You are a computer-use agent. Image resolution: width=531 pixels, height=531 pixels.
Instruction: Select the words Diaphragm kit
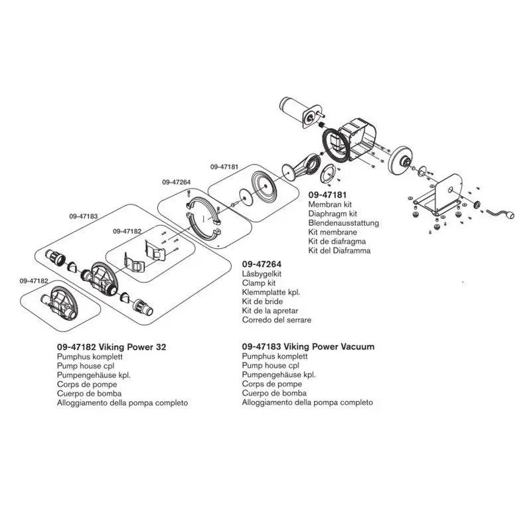tap(333, 214)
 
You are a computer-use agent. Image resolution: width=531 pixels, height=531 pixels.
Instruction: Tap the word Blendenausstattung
tap(344, 224)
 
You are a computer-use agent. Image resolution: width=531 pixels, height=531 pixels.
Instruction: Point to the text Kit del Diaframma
tap(339, 251)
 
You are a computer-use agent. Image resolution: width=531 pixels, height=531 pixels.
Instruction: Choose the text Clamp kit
tap(259, 283)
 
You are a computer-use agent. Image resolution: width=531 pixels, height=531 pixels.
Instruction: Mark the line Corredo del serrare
tap(276, 320)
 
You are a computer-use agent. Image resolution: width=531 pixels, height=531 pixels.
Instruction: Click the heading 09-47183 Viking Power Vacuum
tap(308, 346)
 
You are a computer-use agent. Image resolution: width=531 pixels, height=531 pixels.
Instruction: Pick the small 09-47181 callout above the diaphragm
tap(224, 167)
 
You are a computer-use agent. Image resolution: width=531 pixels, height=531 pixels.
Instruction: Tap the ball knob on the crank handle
tap(511, 215)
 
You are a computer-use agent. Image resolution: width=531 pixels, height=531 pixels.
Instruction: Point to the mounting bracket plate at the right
tap(445, 192)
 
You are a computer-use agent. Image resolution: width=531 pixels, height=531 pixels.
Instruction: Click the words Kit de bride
tap(261, 302)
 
